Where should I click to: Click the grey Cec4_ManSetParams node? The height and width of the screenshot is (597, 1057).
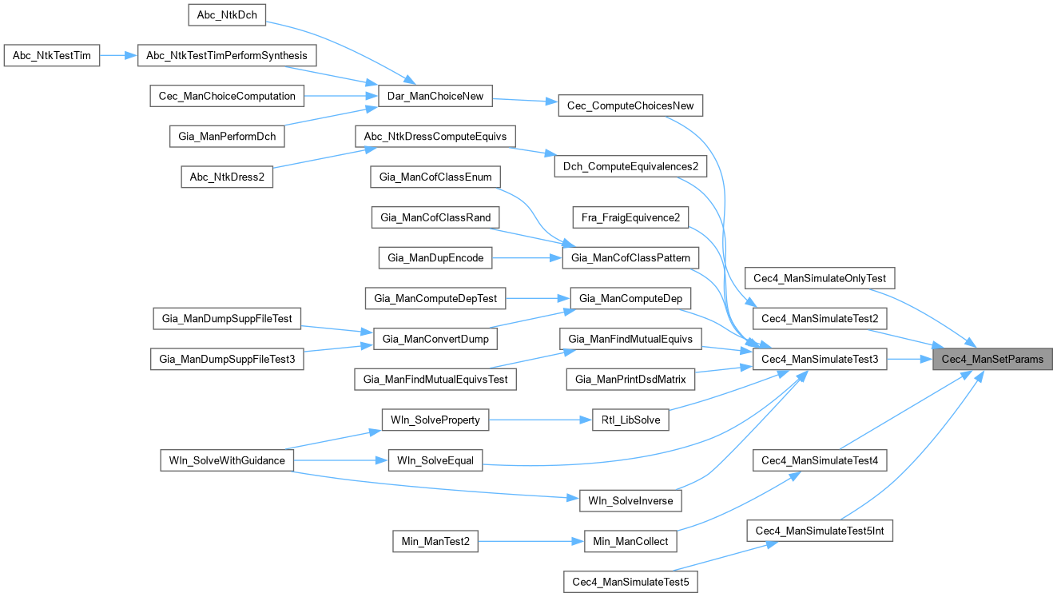(x=992, y=359)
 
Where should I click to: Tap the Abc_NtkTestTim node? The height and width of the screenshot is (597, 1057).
(x=52, y=55)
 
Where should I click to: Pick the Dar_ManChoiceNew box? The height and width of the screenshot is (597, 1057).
(x=435, y=96)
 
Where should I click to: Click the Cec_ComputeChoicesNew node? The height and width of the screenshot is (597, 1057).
(x=630, y=105)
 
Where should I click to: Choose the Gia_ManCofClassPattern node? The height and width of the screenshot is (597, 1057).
(x=631, y=257)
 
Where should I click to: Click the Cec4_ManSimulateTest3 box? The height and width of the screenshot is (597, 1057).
(x=820, y=360)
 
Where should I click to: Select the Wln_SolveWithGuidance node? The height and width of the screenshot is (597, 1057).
(x=228, y=460)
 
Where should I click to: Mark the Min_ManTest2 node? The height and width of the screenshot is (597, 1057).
(x=435, y=542)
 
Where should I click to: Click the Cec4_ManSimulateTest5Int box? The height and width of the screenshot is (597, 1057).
(x=820, y=531)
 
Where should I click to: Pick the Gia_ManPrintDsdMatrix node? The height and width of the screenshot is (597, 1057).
(x=630, y=379)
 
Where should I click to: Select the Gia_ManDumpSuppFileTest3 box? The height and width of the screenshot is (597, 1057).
(x=228, y=360)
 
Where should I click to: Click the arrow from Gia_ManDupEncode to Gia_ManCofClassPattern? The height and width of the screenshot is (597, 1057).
(x=528, y=257)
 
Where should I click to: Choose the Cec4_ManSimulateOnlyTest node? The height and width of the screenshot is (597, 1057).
(x=820, y=278)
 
